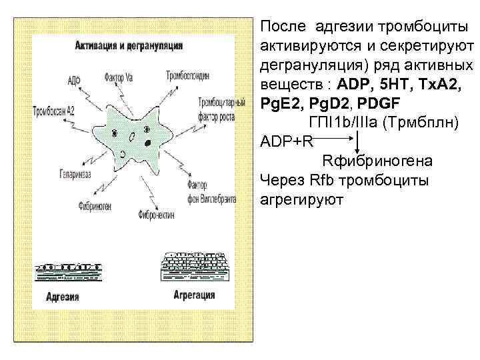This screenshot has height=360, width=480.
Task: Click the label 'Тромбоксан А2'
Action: (x=53, y=112)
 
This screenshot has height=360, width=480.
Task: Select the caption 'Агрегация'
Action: (x=194, y=295)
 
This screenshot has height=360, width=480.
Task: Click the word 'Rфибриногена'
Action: (x=377, y=161)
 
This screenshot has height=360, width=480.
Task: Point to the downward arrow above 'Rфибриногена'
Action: (x=358, y=142)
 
